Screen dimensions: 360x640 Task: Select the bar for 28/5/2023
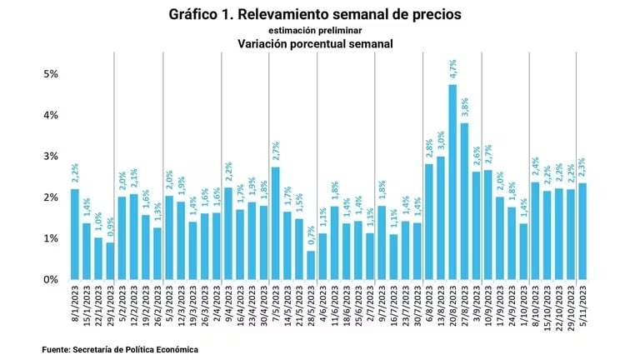(x=311, y=265)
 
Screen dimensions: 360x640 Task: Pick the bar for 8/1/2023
(x=75, y=234)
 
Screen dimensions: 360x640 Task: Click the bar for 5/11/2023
(x=582, y=231)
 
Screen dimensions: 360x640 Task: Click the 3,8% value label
(x=465, y=107)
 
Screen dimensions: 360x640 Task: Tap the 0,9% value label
(x=110, y=227)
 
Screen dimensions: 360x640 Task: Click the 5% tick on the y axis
(x=51, y=74)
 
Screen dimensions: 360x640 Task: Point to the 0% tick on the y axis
(x=51, y=280)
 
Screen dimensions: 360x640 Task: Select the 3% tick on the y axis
(x=51, y=157)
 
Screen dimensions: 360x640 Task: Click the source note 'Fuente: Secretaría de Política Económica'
(x=120, y=350)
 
